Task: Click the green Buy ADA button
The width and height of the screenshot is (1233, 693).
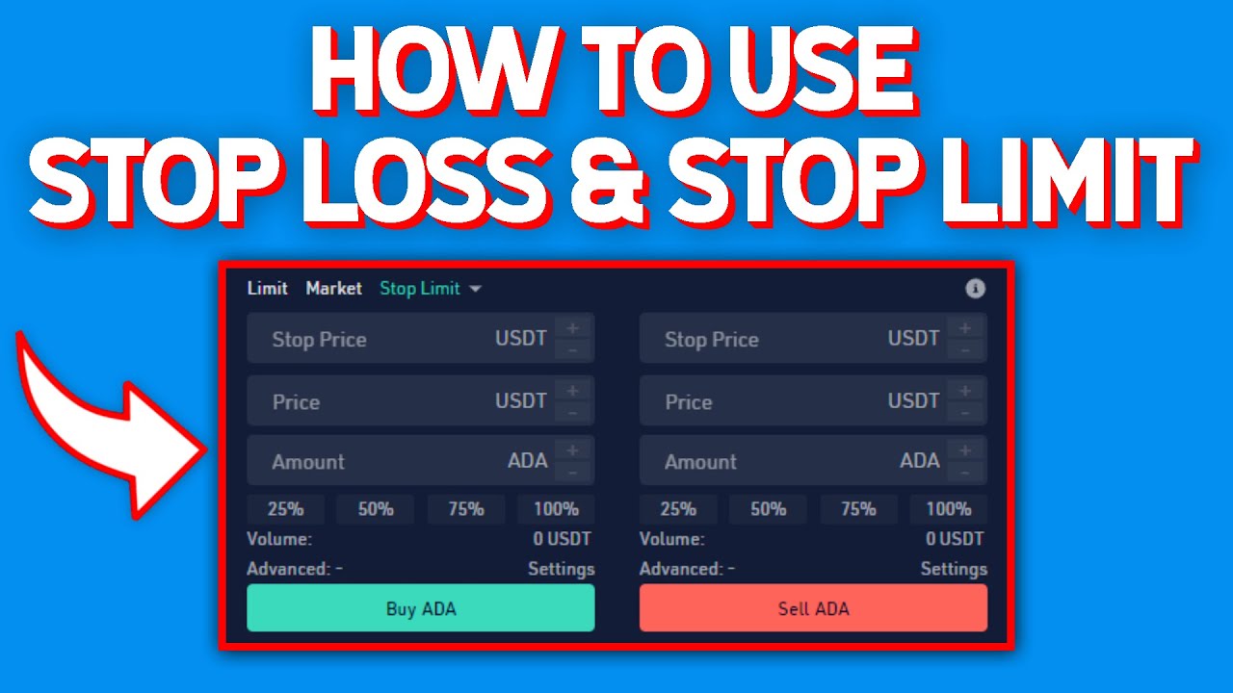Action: pos(420,608)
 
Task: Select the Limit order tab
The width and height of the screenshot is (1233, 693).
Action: pos(267,288)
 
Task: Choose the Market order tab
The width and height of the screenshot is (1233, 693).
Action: pos(333,288)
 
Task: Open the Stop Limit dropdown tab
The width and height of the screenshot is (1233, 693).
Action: pos(430,288)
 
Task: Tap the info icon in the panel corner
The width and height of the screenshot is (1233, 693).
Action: pos(975,288)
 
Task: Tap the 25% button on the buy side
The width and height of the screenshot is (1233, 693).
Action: pos(285,509)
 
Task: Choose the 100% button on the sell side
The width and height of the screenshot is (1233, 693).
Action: pos(948,509)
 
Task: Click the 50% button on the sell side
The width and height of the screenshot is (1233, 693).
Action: pos(768,509)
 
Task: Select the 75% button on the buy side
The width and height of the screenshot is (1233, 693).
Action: pos(465,509)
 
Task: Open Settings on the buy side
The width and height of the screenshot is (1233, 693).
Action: pos(561,569)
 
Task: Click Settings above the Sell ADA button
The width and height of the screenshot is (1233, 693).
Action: pos(953,569)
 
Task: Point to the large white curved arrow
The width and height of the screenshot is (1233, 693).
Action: pos(106,423)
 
